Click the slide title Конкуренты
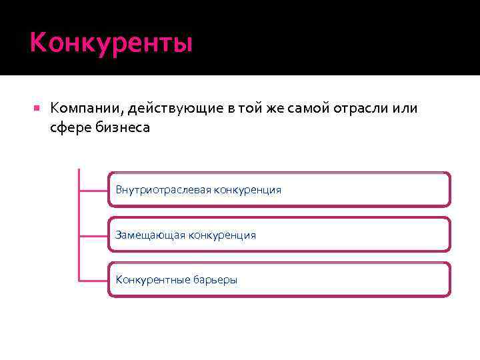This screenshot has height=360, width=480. click(x=111, y=43)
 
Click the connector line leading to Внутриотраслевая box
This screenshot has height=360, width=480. click(x=93, y=190)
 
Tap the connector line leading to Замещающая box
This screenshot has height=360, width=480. click(x=93, y=235)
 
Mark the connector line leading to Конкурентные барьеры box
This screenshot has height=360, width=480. click(x=93, y=279)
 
